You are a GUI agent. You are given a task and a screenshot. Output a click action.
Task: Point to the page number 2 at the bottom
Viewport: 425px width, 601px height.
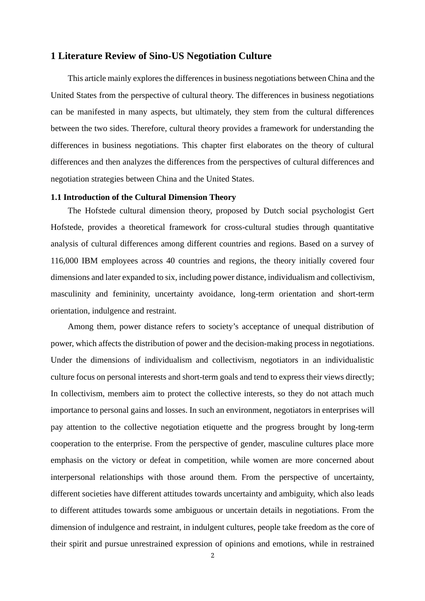[212, 556]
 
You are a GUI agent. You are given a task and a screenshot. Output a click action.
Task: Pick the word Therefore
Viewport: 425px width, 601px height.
[149, 129]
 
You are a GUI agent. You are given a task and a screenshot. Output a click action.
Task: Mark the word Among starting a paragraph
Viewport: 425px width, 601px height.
[80, 327]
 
